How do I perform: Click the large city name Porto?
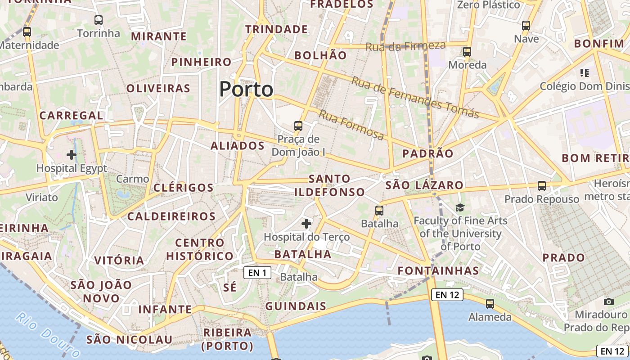coord(246,89)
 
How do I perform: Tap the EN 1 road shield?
coord(257,272)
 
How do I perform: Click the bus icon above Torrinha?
coord(99,20)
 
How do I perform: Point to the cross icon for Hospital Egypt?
coord(72,155)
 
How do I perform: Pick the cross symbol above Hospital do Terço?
coord(306,223)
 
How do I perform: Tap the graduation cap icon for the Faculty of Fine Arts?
coord(460,207)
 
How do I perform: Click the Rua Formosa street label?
coord(351,125)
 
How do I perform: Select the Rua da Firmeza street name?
coord(405,46)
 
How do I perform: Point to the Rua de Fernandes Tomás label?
coord(415,97)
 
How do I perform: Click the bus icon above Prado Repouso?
coord(542,185)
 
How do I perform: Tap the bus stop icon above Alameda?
coord(490,304)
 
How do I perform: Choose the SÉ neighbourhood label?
coord(229,288)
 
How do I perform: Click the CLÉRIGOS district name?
coord(184,188)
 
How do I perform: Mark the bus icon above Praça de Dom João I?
coord(298,126)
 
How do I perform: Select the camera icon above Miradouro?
coord(609,301)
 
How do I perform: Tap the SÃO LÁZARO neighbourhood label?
coord(424,185)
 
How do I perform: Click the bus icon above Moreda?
coord(467,52)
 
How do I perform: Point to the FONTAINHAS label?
coord(438,270)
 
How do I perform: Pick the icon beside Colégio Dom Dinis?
coord(585,72)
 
